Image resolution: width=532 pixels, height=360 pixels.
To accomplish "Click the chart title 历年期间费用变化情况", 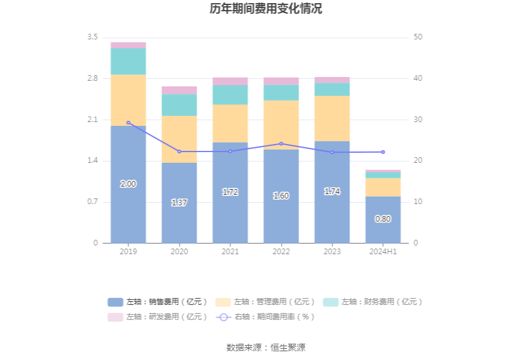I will click(266, 9).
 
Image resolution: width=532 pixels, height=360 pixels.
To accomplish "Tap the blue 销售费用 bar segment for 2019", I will click(128, 207).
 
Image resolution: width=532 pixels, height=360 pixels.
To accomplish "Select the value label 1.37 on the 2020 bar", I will click(179, 203).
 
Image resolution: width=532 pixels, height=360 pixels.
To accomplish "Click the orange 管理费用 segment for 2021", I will click(230, 123).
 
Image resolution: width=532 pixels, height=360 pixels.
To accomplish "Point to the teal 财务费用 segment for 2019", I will click(128, 61).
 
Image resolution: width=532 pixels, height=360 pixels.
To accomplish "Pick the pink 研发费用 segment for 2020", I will click(179, 90).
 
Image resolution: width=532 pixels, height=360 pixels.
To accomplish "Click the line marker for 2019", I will click(128, 123).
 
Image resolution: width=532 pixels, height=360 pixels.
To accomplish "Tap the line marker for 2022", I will click(281, 144).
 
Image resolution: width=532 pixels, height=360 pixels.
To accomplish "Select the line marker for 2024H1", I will click(383, 152).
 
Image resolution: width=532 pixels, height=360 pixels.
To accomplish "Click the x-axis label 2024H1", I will click(383, 252).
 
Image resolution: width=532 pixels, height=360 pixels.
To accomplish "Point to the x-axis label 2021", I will click(230, 252).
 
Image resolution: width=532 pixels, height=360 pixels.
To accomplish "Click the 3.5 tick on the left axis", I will click(93, 38).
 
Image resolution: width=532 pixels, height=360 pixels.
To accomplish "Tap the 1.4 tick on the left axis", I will click(93, 161).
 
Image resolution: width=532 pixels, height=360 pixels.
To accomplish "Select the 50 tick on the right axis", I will click(418, 38).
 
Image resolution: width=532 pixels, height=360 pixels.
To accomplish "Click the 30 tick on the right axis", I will click(418, 120).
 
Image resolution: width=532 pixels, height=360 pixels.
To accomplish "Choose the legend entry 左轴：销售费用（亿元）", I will click(157, 302).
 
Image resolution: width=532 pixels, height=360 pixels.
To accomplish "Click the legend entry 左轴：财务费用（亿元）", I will click(373, 302).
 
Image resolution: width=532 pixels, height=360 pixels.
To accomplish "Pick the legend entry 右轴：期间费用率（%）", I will click(265, 317).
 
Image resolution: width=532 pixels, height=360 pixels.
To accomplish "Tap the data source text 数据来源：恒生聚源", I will click(266, 347).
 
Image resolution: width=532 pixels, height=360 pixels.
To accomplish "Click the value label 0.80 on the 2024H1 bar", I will click(383, 219).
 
